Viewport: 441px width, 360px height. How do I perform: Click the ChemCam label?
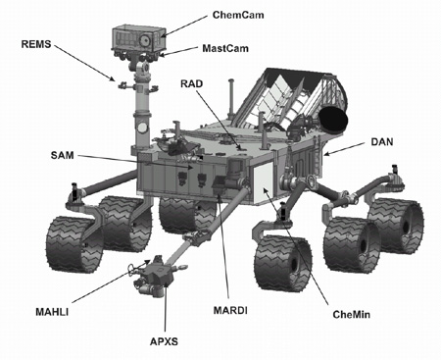point(238,15)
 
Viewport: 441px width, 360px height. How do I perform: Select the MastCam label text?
point(225,48)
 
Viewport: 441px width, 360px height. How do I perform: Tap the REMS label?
point(36,44)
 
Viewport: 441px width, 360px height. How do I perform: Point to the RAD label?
point(192,83)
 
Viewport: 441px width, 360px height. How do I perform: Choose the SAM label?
point(62,155)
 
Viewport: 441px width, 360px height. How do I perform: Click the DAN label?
point(382,142)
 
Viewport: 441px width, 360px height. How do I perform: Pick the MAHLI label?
point(52,312)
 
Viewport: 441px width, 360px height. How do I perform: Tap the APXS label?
point(164,341)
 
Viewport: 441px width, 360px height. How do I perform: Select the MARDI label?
point(230,310)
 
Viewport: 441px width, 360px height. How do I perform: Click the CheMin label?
point(352,315)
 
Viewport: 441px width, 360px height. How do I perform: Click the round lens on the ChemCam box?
point(144,39)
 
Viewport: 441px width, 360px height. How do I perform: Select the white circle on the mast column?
point(142,128)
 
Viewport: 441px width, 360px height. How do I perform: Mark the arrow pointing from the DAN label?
point(345,148)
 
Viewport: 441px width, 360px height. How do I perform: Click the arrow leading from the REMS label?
point(85,63)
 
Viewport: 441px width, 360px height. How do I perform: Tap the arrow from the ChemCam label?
point(184,26)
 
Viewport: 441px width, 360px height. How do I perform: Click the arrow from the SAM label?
point(135,162)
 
